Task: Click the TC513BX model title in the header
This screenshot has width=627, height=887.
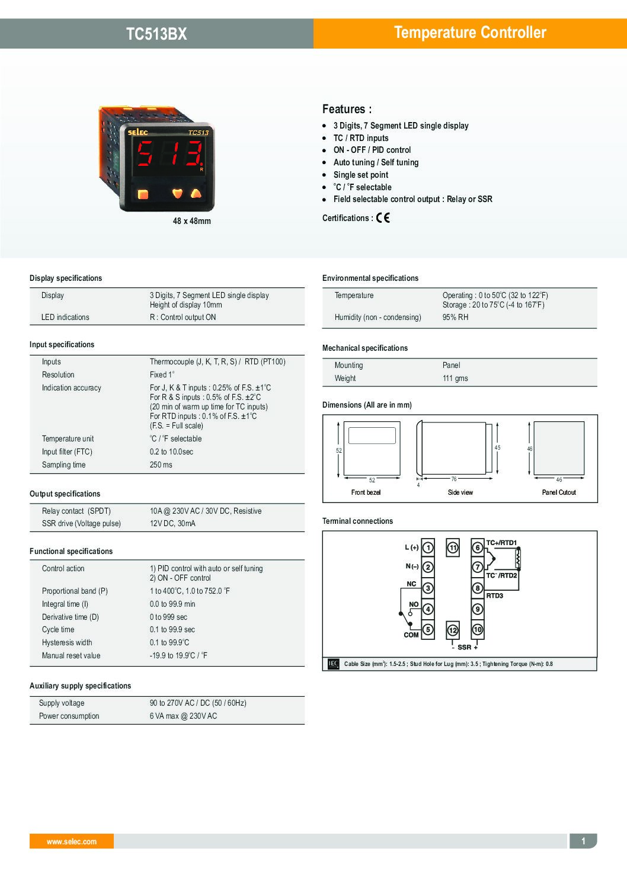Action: [x=156, y=34]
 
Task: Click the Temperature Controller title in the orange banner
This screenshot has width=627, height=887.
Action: [x=470, y=33]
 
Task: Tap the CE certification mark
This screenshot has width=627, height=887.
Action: [x=383, y=218]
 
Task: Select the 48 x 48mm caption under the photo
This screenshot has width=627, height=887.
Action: [x=191, y=221]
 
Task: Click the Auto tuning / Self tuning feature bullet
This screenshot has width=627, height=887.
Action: [x=376, y=162]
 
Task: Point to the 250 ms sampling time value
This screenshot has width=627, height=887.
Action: [x=161, y=465]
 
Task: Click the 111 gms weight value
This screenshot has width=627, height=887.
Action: [x=455, y=379]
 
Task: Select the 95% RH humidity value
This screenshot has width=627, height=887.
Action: [x=455, y=318]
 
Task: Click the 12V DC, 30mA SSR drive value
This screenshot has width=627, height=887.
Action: [x=172, y=524]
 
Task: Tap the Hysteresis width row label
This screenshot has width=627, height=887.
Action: [x=67, y=643]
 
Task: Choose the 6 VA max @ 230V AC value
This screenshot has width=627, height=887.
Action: [x=183, y=716]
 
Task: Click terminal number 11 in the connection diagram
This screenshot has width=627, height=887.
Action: [x=453, y=548]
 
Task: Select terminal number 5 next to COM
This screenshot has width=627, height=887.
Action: [x=428, y=629]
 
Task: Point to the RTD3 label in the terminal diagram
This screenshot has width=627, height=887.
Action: [x=494, y=596]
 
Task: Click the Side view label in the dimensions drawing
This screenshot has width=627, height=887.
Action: [x=460, y=492]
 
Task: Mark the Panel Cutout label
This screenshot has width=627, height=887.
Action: [x=559, y=492]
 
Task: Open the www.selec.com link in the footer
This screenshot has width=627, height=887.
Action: [x=72, y=841]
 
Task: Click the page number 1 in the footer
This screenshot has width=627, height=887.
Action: [x=583, y=841]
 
